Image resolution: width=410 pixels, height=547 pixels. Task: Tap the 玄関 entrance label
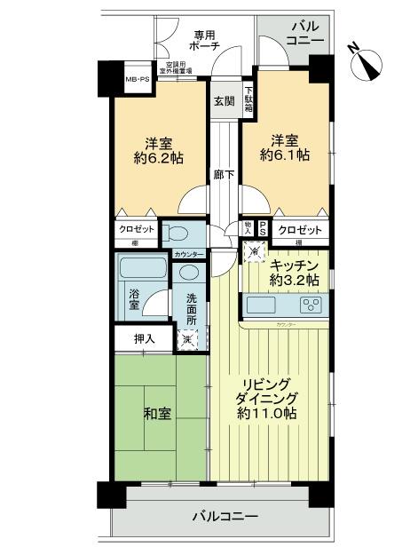pos(223,101)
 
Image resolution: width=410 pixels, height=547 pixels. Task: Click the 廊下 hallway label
pos(223,175)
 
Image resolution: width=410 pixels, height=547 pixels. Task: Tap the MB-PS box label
pos(138,80)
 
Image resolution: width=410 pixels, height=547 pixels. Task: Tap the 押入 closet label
pos(145,338)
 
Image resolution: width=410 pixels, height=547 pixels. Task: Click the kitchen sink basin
pos(264,306)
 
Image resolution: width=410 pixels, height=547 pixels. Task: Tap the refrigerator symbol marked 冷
pos(256,251)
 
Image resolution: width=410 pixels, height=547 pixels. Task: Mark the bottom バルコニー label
pos(225,517)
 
